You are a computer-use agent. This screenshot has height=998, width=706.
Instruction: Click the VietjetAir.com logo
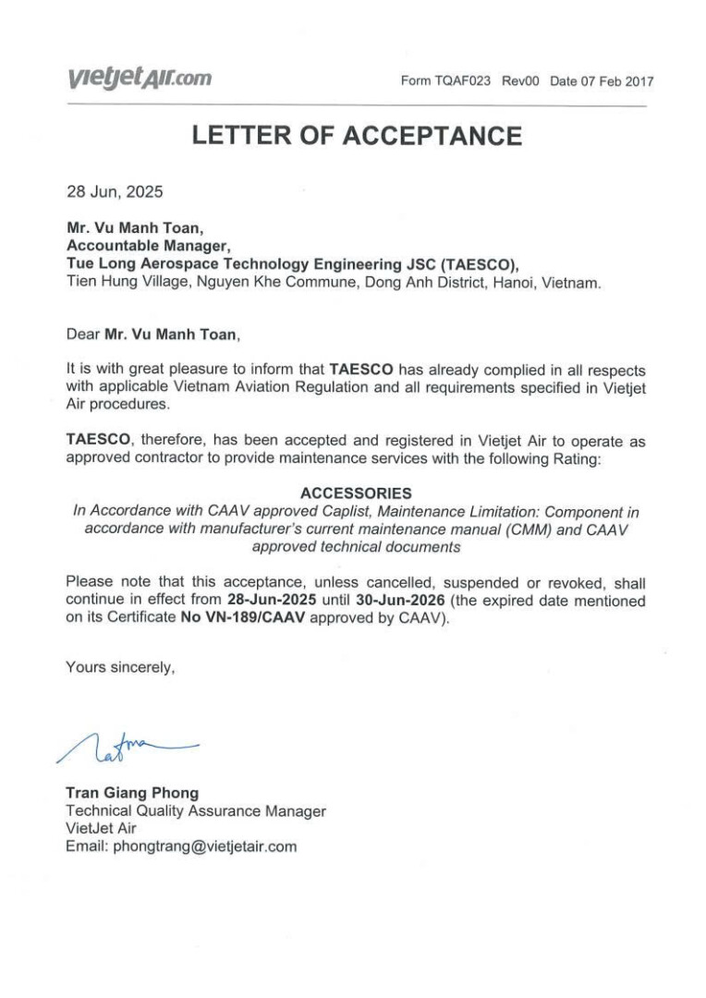(139, 79)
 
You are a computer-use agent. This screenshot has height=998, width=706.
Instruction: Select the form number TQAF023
(464, 81)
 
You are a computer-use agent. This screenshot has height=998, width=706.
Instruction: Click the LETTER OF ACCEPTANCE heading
(357, 137)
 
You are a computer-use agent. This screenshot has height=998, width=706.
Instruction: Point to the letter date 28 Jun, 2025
(115, 193)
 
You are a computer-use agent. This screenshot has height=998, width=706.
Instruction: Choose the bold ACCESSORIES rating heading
(357, 493)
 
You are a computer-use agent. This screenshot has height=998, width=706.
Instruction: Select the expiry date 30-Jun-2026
(404, 601)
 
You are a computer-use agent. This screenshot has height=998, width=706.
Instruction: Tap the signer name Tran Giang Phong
(132, 793)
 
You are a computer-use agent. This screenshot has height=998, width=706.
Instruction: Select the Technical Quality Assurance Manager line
(196, 810)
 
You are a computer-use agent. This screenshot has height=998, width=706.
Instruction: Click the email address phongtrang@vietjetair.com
(204, 846)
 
